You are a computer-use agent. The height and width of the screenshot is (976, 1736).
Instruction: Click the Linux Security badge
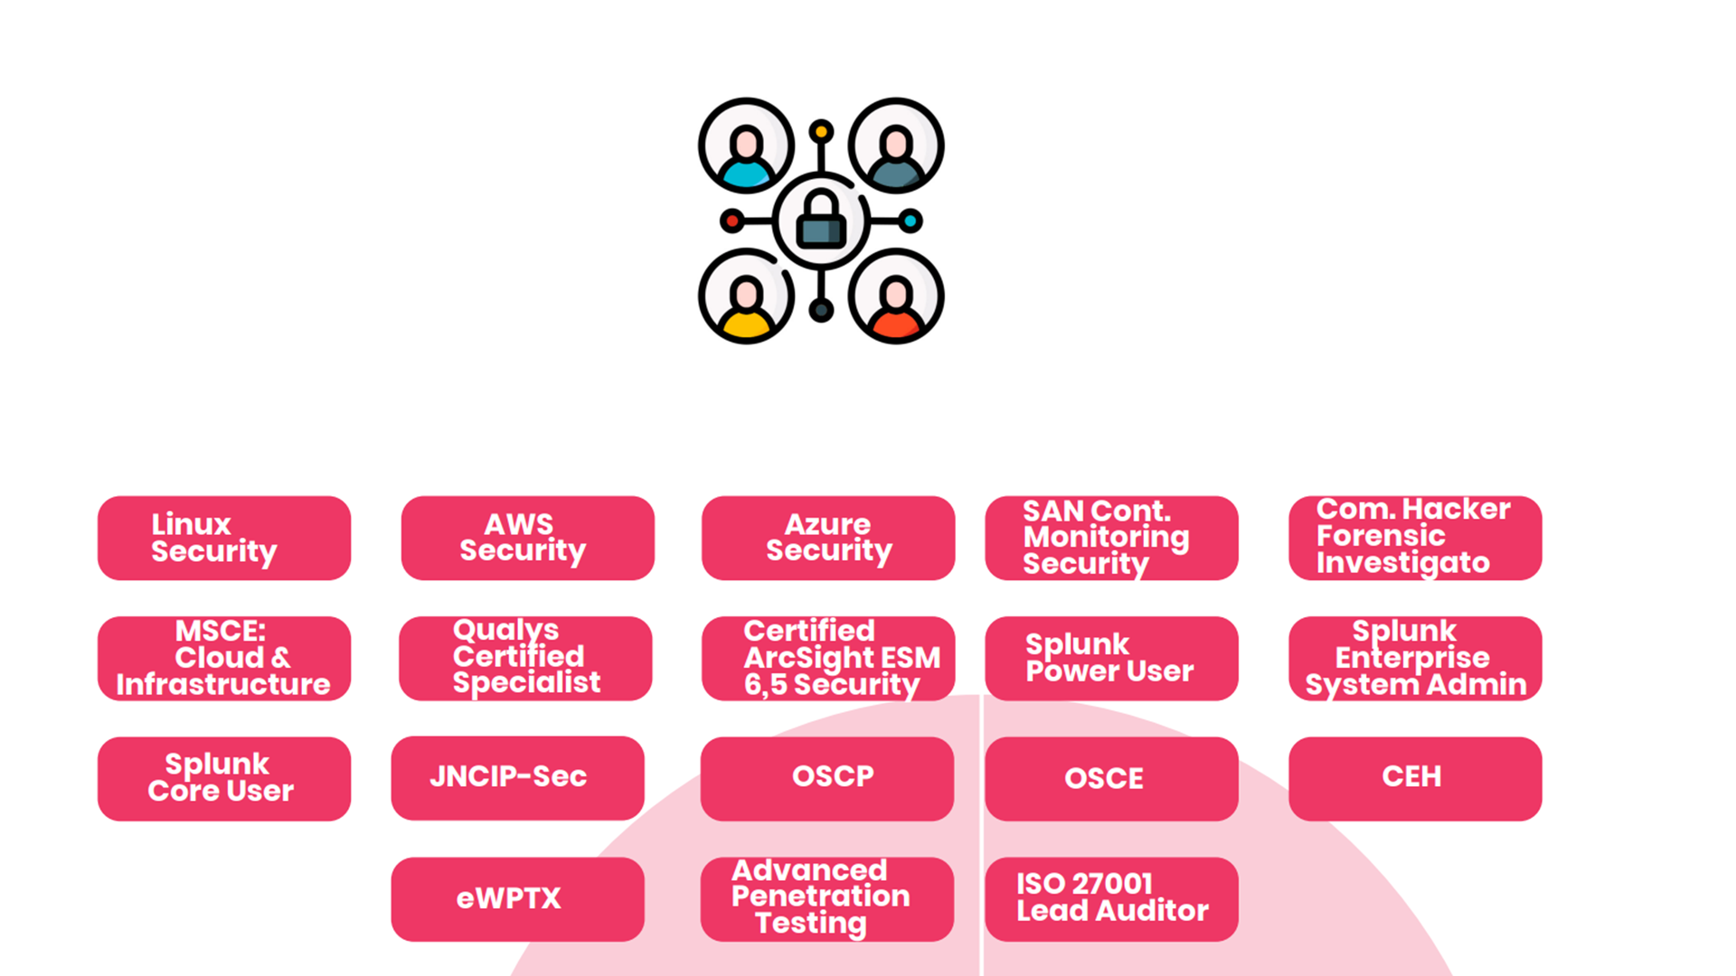[223, 538]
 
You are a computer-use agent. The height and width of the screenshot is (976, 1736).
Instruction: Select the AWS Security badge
[527, 538]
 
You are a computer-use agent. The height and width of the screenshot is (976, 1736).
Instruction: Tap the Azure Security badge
[828, 538]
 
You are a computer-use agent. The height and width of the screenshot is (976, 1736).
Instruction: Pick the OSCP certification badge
[827, 778]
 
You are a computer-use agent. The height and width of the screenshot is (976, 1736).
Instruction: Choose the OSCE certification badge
[1111, 778]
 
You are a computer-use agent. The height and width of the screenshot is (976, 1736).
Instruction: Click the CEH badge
[1415, 778]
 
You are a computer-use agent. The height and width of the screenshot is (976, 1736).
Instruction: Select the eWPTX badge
[517, 899]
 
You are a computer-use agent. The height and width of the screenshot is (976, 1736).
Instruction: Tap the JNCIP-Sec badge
[517, 777]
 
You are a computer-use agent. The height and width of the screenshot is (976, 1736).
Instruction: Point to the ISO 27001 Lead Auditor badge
[1111, 899]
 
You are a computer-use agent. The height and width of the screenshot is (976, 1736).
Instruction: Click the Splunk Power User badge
[1111, 658]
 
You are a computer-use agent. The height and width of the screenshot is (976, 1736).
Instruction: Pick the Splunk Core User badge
[223, 778]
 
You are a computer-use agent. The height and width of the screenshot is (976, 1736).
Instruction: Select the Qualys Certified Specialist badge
[525, 658]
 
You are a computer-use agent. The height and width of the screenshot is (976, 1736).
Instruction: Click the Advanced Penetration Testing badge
[826, 899]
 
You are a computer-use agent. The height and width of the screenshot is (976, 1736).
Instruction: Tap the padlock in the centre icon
[821, 221]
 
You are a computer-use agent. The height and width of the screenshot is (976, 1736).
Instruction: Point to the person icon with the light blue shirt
[747, 146]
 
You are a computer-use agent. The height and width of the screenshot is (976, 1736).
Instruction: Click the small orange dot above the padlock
[821, 132]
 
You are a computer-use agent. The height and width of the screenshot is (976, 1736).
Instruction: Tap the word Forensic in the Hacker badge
[1381, 536]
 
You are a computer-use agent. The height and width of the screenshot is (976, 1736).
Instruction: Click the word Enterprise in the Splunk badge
[1411, 658]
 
